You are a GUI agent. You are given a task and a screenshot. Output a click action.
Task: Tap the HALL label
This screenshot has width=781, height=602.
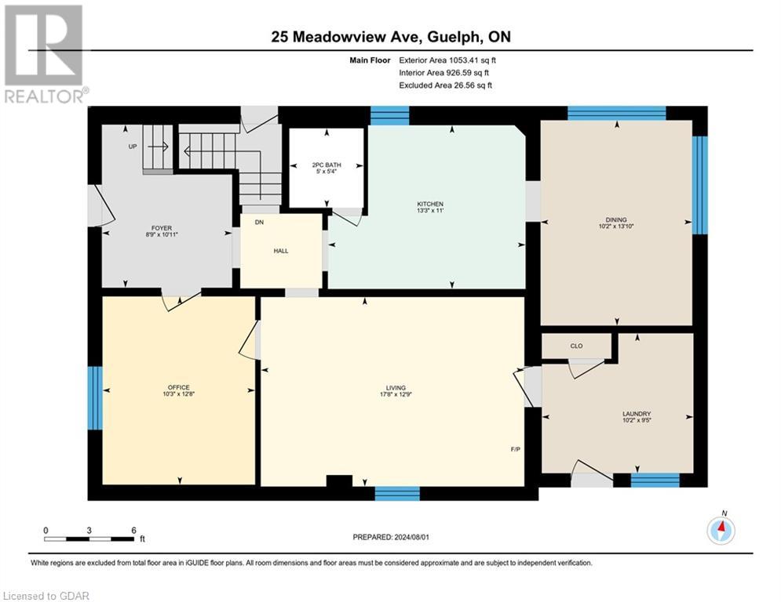coord(280,251)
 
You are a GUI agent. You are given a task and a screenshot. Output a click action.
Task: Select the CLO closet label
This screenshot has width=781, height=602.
coord(575,346)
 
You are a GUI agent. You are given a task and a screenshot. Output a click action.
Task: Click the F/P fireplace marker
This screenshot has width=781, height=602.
coord(515,450)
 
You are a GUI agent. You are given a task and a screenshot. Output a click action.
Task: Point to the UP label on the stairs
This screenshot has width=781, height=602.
coord(133,147)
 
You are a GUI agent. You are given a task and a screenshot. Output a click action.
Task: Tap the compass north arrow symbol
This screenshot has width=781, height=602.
coord(721,530)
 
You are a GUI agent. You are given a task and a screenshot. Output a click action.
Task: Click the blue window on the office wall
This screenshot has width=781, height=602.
coord(94,398)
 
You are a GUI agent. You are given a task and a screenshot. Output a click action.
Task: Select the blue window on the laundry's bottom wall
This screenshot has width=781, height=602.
coord(655,480)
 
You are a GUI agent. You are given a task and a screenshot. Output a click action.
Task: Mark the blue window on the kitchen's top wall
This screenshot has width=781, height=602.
coord(389,116)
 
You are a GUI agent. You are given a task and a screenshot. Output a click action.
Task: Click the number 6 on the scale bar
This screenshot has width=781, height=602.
coord(133,530)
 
